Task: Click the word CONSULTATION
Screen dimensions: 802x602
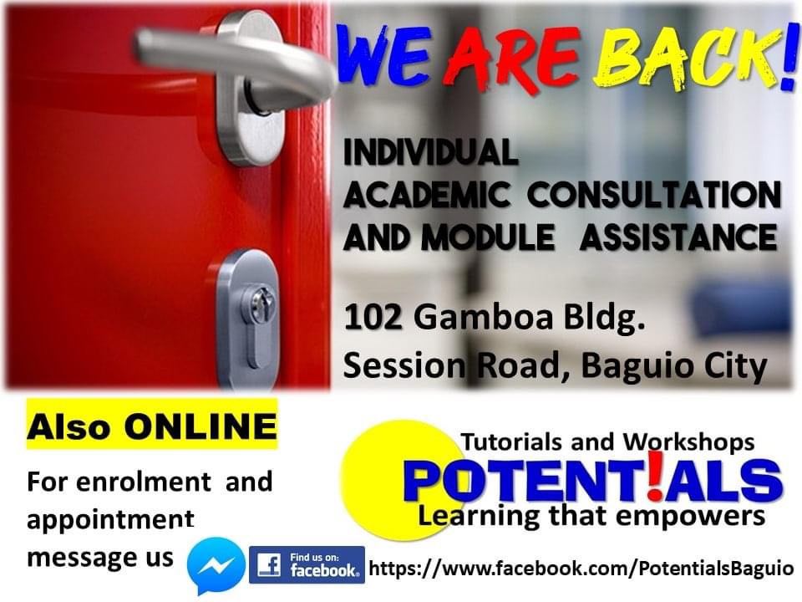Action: click(654, 195)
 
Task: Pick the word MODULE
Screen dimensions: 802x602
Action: click(487, 237)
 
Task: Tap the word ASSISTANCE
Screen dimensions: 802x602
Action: click(678, 237)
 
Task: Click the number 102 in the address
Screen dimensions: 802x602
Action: click(373, 318)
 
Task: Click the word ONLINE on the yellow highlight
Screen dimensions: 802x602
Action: click(200, 426)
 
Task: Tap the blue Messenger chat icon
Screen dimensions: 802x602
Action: click(216, 564)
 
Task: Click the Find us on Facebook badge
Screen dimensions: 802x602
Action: click(307, 565)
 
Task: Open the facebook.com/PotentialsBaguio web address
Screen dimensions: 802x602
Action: click(581, 569)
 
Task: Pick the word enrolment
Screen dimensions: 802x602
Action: click(144, 482)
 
